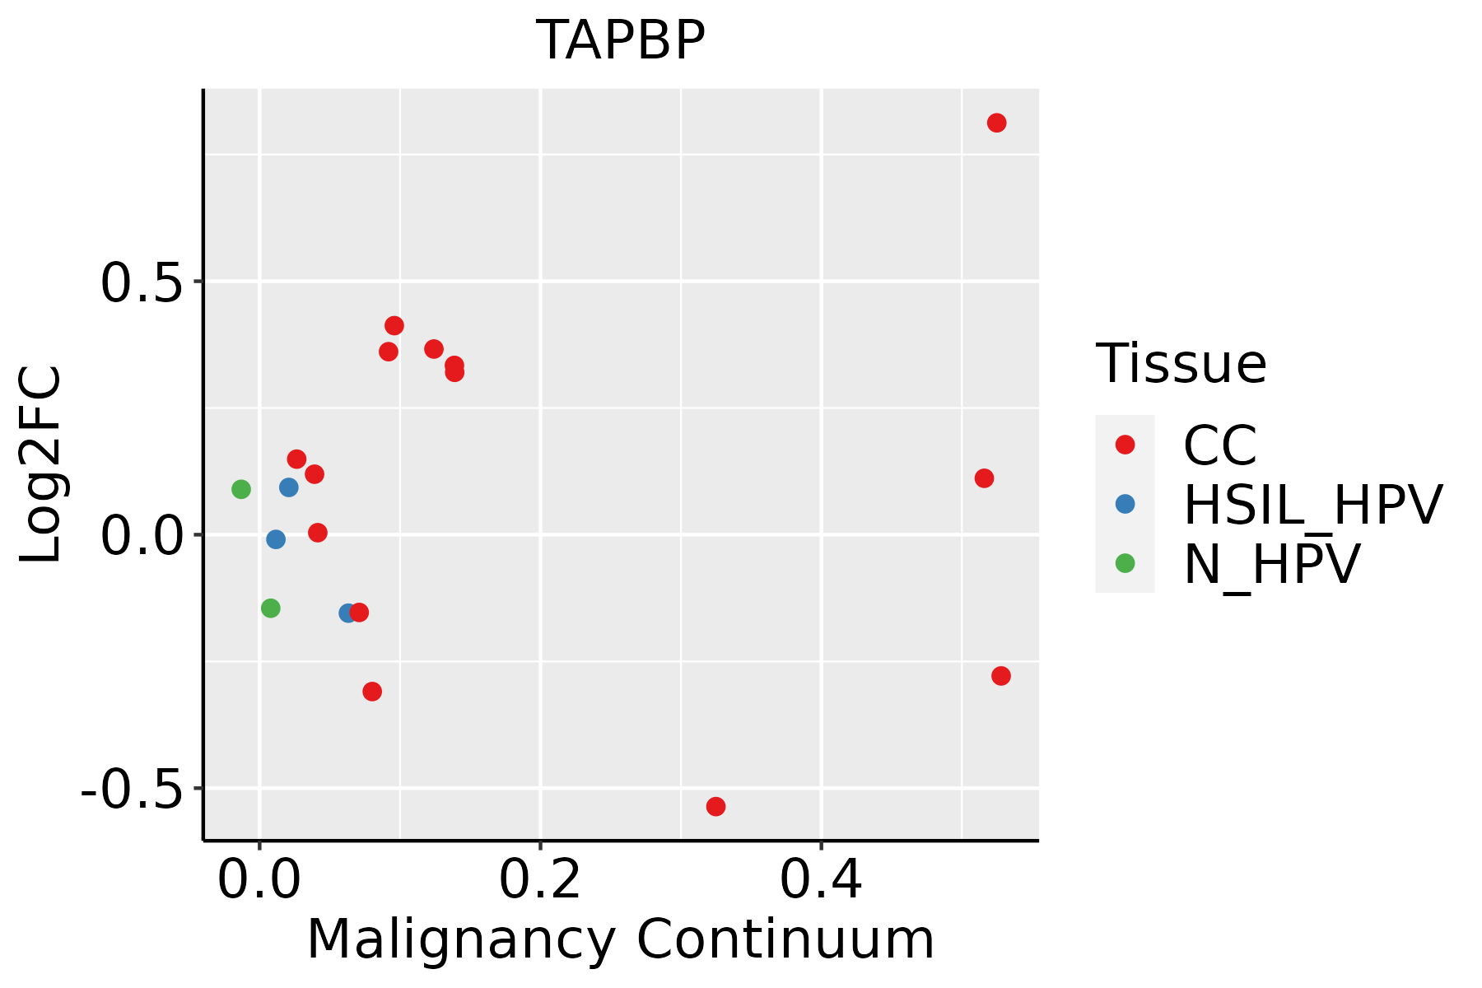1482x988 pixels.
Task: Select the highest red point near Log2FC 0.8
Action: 996,123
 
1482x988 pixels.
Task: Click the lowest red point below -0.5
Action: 715,806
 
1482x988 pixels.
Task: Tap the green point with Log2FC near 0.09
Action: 240,489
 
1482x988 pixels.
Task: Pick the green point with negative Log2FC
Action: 270,608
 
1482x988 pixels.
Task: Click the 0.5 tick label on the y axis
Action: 140,284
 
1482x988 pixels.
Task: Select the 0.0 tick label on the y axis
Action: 140,538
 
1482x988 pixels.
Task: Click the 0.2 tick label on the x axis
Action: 540,880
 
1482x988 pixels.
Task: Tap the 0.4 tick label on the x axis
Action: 821,880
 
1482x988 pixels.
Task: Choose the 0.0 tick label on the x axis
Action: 259,880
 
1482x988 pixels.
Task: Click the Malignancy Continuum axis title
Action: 621,939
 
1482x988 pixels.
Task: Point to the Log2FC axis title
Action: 41,465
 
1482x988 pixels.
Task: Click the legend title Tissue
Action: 1181,363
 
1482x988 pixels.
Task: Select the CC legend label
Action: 1219,445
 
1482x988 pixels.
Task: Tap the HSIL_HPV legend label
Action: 1312,505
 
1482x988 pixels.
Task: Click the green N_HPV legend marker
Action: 1125,563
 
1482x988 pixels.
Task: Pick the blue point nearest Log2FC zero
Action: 276,539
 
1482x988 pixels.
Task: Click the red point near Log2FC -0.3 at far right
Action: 1001,676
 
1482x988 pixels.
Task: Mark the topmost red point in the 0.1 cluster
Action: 394,326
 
